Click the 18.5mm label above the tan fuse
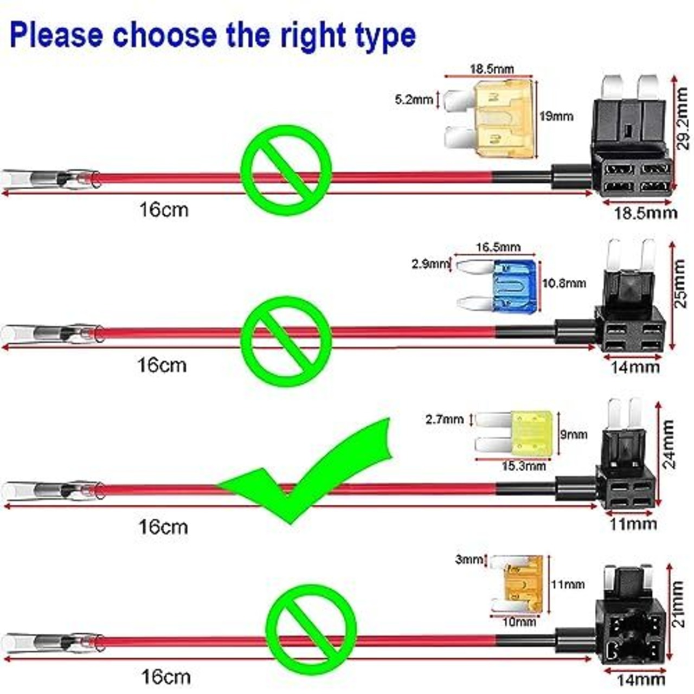coord(492,69)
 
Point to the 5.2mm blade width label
coord(414,99)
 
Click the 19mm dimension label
coord(556,117)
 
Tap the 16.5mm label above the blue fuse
coord(498,247)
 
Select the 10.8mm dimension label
coord(564,283)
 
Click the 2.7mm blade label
coord(445,419)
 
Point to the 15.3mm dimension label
coord(524,466)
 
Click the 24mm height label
coord(669,444)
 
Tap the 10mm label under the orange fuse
coord(519,622)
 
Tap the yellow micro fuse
coord(514,434)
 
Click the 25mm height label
coord(679,284)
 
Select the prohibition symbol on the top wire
coord(286,170)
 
